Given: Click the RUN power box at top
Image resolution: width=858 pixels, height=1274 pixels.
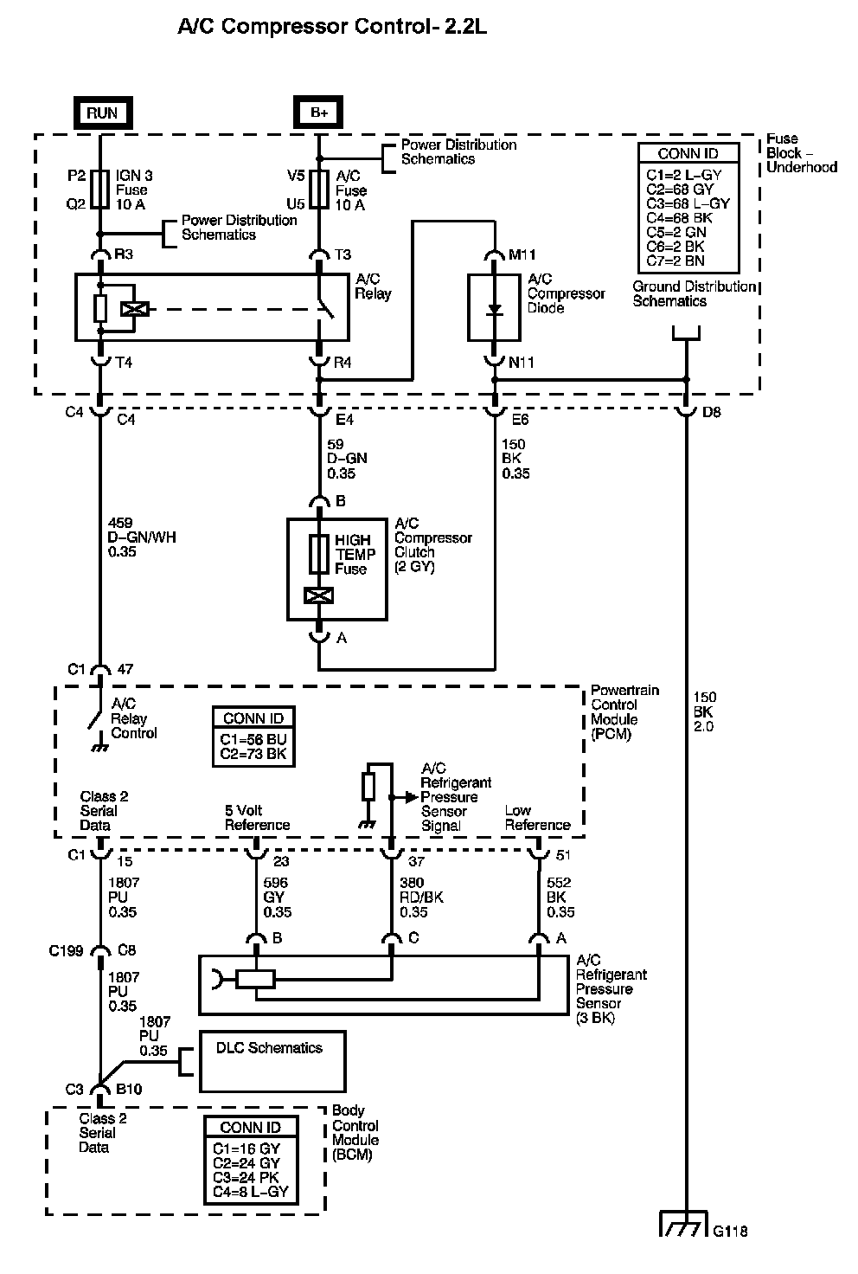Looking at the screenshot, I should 101,113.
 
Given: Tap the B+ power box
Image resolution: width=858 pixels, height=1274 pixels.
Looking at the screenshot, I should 319,113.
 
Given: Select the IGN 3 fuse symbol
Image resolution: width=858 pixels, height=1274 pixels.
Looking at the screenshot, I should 101,190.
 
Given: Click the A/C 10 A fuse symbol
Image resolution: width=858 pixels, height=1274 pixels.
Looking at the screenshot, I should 319,190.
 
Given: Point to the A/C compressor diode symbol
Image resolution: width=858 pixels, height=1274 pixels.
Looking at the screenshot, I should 494,309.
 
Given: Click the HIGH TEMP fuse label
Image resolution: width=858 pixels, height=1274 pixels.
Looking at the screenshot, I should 355,554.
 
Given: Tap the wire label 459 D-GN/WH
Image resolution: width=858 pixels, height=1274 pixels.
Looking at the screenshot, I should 142,537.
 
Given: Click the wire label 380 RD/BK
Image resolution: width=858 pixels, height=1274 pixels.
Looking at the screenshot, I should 421,898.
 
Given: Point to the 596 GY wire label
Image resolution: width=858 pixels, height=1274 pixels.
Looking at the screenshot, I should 277,898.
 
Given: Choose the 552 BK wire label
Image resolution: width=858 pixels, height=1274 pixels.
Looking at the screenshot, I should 560,898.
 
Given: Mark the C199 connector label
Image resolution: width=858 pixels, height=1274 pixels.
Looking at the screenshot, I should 66,950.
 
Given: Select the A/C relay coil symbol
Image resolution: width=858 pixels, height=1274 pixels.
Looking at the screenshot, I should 136,308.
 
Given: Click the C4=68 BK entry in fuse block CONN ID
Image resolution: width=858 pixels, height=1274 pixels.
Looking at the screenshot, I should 680,218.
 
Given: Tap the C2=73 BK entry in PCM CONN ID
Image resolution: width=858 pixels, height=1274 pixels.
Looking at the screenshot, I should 254,755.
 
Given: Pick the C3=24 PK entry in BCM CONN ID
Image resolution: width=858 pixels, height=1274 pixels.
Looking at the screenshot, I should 246,1178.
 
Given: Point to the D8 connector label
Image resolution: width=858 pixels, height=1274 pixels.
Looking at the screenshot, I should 712,412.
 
